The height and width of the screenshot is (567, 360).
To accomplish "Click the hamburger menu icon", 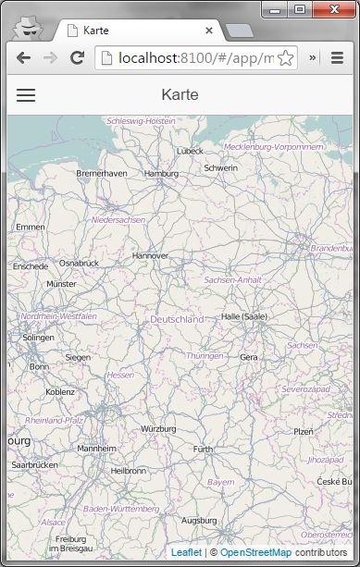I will [x=26, y=94].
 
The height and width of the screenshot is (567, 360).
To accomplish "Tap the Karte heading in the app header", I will [x=180, y=94].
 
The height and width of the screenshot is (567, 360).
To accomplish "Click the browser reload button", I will [x=77, y=57].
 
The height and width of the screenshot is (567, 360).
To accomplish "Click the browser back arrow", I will [x=23, y=57].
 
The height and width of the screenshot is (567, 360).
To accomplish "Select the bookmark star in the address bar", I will [x=286, y=58].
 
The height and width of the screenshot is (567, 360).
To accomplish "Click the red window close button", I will [x=330, y=9].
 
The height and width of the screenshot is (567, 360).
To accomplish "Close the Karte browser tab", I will [x=209, y=31].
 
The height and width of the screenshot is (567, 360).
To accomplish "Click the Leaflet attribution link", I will [x=186, y=552].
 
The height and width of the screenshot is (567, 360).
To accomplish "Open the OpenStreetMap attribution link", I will [x=255, y=552].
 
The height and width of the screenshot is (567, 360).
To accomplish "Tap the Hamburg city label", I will [x=161, y=173].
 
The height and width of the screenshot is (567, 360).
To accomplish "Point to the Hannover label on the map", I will [x=150, y=255].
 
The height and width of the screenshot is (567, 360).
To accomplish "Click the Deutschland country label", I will [x=177, y=319].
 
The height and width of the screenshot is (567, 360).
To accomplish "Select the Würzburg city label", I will [x=158, y=429].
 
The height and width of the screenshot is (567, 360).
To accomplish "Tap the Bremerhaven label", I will [x=102, y=173].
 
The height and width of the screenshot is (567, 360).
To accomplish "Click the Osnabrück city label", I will [x=79, y=264].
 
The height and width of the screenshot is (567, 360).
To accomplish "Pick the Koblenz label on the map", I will [x=60, y=391].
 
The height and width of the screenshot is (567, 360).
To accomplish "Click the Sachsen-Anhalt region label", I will [x=232, y=279].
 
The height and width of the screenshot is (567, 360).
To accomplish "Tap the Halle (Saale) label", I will [x=243, y=316].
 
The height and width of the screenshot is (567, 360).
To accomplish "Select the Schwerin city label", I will [x=220, y=167].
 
